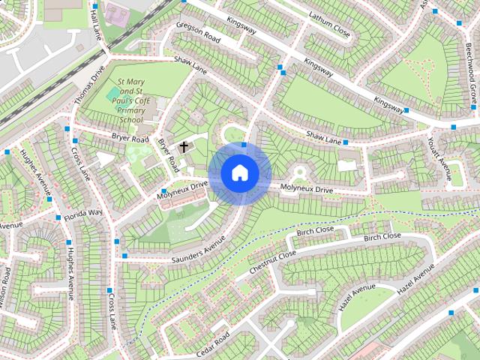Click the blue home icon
(x=239, y=172)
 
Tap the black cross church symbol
(x=184, y=146)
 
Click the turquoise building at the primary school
(x=113, y=94)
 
